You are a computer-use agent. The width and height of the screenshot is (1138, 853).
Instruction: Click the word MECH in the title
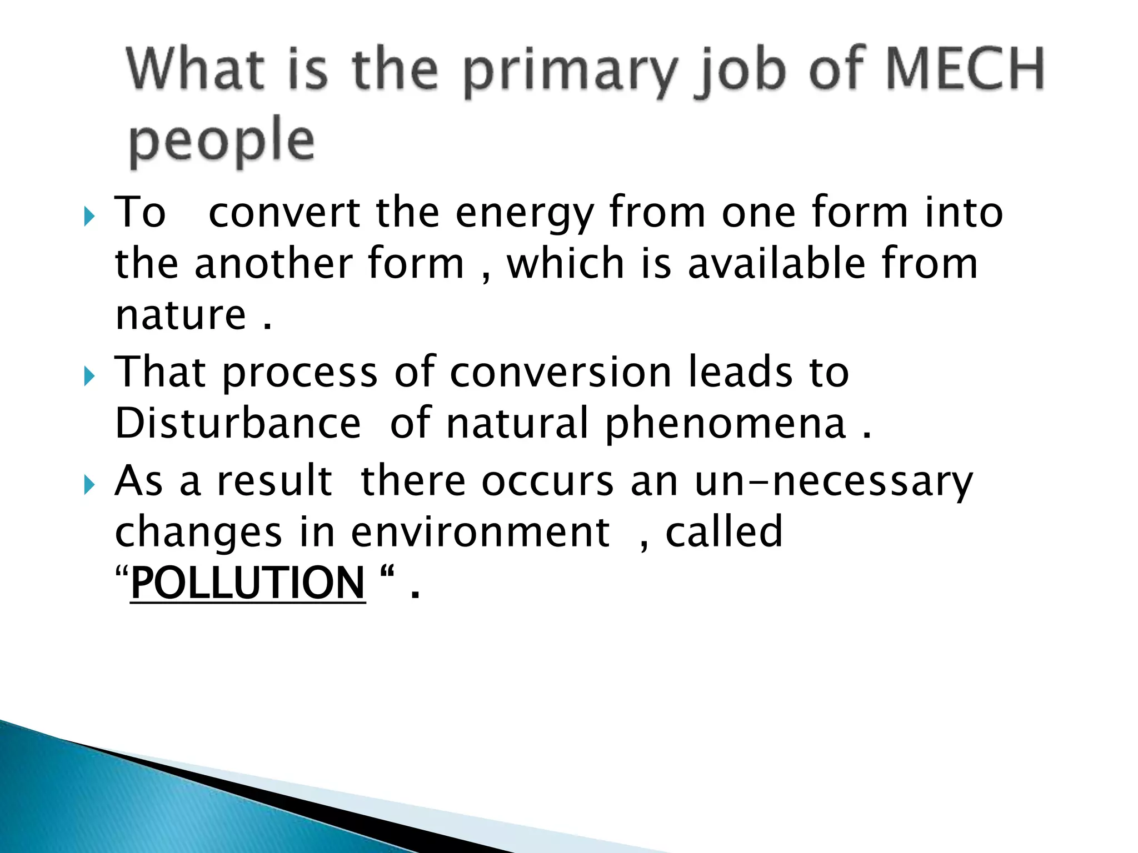click(x=965, y=69)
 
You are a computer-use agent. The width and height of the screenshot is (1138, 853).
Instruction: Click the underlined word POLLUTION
click(x=248, y=583)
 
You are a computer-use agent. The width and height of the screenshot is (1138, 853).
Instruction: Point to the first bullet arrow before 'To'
click(x=89, y=216)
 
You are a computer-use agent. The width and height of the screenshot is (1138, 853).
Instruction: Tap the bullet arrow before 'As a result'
click(x=89, y=484)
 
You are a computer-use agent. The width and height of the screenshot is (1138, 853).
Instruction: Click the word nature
click(x=181, y=315)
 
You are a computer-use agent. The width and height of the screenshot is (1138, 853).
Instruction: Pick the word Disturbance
click(x=238, y=423)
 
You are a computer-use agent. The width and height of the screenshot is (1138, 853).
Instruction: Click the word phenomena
click(x=726, y=425)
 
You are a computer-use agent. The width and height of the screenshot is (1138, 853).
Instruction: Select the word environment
click(x=481, y=532)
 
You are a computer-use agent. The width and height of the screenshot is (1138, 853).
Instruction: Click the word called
click(x=724, y=532)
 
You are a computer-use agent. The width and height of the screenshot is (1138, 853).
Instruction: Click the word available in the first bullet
click(x=777, y=264)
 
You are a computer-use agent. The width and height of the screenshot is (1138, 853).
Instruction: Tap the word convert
click(x=284, y=213)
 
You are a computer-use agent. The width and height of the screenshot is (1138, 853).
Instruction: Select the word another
click(x=273, y=264)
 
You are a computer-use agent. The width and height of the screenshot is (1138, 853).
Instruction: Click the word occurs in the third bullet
click(x=548, y=481)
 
